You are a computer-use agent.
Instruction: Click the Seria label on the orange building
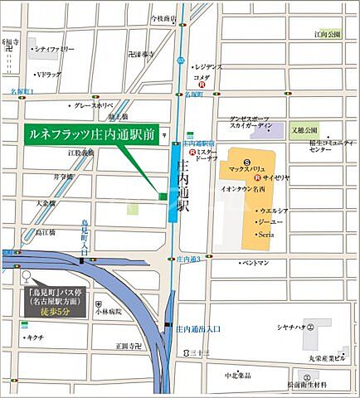click(265, 235)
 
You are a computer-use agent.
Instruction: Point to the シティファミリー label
click(55, 50)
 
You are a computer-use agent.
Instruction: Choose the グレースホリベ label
click(94, 106)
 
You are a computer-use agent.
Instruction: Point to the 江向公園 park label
click(328, 35)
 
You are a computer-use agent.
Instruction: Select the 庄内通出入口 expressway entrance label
click(197, 329)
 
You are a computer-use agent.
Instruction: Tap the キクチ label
click(35, 337)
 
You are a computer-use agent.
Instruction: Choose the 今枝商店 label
click(163, 17)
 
